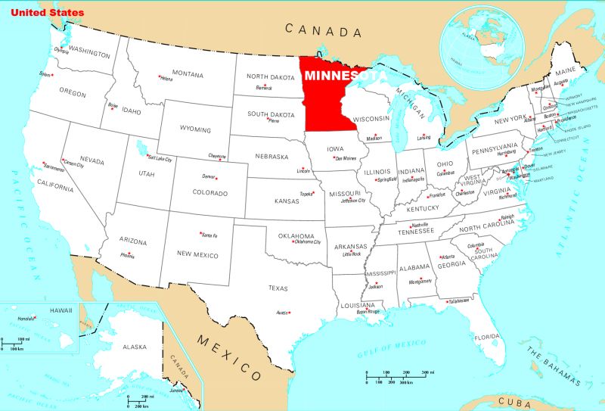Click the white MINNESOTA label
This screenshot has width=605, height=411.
pyautogui.click(x=345, y=76)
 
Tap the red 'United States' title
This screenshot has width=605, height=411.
pyautogui.click(x=47, y=13)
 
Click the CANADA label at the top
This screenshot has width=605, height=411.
pyautogui.click(x=323, y=31)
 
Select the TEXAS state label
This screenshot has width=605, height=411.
pyautogui.click(x=278, y=288)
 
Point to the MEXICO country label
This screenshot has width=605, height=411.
pyautogui.click(x=229, y=356)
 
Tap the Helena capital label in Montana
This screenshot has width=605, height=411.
pyautogui.click(x=166, y=79)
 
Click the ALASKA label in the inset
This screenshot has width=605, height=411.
pyautogui.click(x=134, y=346)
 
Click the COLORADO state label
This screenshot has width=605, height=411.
pyautogui.click(x=210, y=193)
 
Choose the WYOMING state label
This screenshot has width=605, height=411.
pyautogui.click(x=196, y=129)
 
